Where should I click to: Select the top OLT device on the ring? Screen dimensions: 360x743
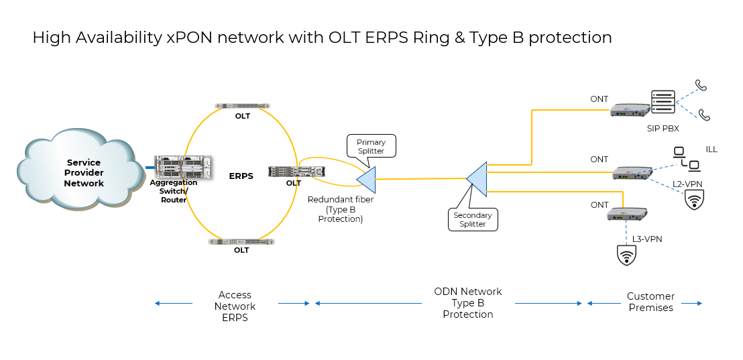pyautogui.click(x=242, y=105)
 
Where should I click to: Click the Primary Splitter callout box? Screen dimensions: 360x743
pyautogui.click(x=371, y=146)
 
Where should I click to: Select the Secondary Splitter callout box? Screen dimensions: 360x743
pyautogui.click(x=473, y=219)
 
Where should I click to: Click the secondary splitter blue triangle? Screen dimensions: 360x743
pyautogui.click(x=478, y=178)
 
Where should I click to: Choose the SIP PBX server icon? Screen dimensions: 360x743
pyautogui.click(x=663, y=103)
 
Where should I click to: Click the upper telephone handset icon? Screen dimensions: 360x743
pyautogui.click(x=701, y=85)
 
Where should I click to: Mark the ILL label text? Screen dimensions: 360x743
pyautogui.click(x=711, y=149)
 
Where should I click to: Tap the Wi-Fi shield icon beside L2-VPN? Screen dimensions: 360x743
pyautogui.click(x=693, y=200)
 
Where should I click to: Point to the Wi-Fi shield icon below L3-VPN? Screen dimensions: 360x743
pyautogui.click(x=626, y=255)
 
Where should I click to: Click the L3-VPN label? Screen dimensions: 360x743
pyautogui.click(x=647, y=239)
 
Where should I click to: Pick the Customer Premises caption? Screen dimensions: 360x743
pyautogui.click(x=650, y=302)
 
